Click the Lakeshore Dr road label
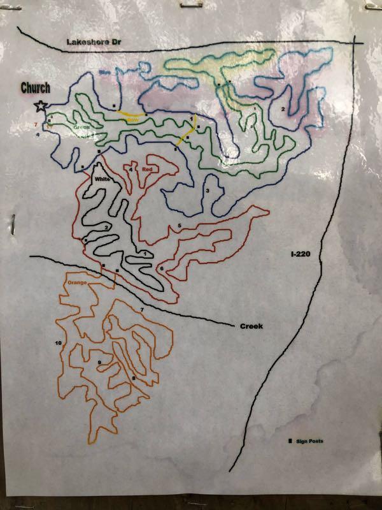point(94,42)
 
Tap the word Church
point(36,88)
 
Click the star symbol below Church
point(41,106)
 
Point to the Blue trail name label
point(104,73)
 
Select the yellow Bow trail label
point(132,119)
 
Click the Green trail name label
point(81,127)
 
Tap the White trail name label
point(103,180)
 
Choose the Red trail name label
point(148,169)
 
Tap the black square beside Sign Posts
point(291,441)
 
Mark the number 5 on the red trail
point(180,226)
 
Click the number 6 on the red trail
point(161,269)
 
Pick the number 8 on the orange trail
point(133,379)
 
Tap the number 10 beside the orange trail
point(58,343)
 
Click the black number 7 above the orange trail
point(141,310)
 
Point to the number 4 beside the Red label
point(131,169)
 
